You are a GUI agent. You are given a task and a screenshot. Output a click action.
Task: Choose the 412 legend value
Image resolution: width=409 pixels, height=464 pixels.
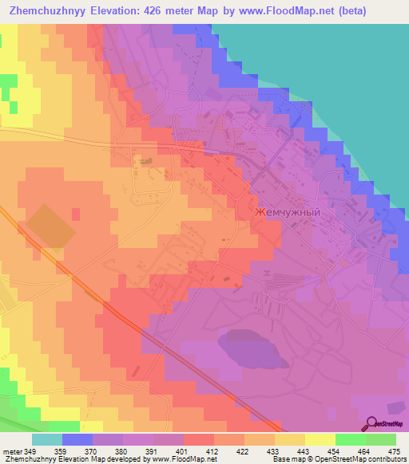point(211,451)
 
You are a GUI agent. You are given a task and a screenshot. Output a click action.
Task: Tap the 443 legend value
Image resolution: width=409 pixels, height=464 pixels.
point(303,451)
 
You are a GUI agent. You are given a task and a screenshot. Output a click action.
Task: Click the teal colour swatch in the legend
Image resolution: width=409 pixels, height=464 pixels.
point(47,439)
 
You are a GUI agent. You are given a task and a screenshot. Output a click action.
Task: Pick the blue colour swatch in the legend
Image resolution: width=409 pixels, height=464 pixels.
point(77,439)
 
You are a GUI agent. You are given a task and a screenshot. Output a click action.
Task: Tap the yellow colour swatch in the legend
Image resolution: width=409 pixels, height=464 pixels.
point(320,439)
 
